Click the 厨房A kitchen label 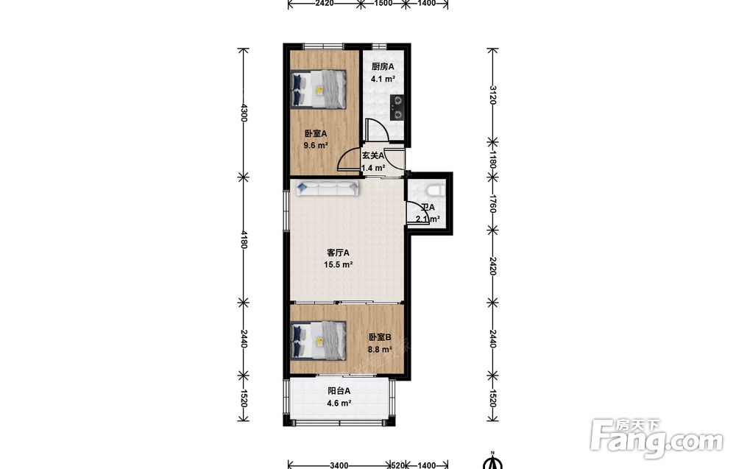383,67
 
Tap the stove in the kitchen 398,107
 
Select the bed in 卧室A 318,89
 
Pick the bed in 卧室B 318,341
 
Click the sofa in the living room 328,188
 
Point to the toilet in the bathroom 434,189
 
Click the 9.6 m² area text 316,146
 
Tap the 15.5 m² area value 338,265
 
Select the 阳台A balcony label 339,391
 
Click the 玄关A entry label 372,155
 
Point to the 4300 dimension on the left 243,113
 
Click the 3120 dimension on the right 492,95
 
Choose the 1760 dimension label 492,202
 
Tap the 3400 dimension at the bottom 339,465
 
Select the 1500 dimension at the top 383,3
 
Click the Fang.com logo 657,439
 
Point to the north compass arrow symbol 493,461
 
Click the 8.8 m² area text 380,350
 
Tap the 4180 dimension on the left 243,239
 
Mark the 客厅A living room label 338,253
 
